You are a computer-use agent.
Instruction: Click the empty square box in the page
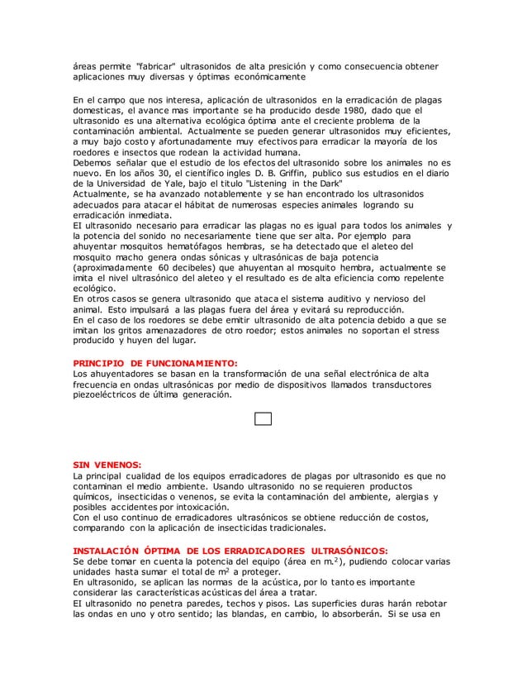pos(263,419)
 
